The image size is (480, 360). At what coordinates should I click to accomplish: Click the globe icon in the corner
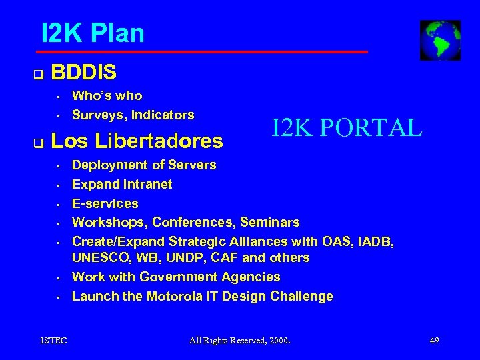(x=439, y=40)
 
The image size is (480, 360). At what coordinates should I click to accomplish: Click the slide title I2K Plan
(x=92, y=33)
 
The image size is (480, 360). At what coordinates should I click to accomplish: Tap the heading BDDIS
(x=83, y=71)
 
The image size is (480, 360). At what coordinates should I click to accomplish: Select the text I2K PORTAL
(x=346, y=127)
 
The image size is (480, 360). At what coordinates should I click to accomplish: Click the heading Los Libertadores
(x=137, y=141)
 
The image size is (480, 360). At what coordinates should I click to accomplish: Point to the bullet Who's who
(x=107, y=95)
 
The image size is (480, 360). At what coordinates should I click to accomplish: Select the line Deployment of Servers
(x=144, y=165)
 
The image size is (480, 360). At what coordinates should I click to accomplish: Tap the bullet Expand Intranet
(x=122, y=184)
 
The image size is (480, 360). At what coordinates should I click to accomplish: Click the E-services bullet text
(x=105, y=203)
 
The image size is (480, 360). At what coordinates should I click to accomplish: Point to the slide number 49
(x=434, y=341)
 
